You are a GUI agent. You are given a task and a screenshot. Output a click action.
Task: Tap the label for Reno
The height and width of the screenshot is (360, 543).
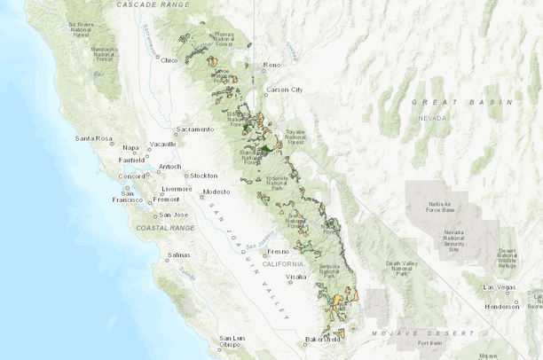[271, 65]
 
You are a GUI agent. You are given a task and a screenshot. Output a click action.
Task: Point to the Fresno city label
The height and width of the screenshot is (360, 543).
[279, 251]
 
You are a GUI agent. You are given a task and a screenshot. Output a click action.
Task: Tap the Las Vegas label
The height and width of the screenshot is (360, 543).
[500, 287]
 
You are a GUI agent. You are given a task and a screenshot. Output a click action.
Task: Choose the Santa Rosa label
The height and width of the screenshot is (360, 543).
[94, 138]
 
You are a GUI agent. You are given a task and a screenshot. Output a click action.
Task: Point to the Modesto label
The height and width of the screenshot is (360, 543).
[216, 192]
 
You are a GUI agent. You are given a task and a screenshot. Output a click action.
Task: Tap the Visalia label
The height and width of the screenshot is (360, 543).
[295, 277]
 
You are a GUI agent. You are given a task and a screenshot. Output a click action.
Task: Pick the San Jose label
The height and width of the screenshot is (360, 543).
[174, 215]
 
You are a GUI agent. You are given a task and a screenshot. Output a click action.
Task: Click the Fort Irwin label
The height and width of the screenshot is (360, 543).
[429, 343]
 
